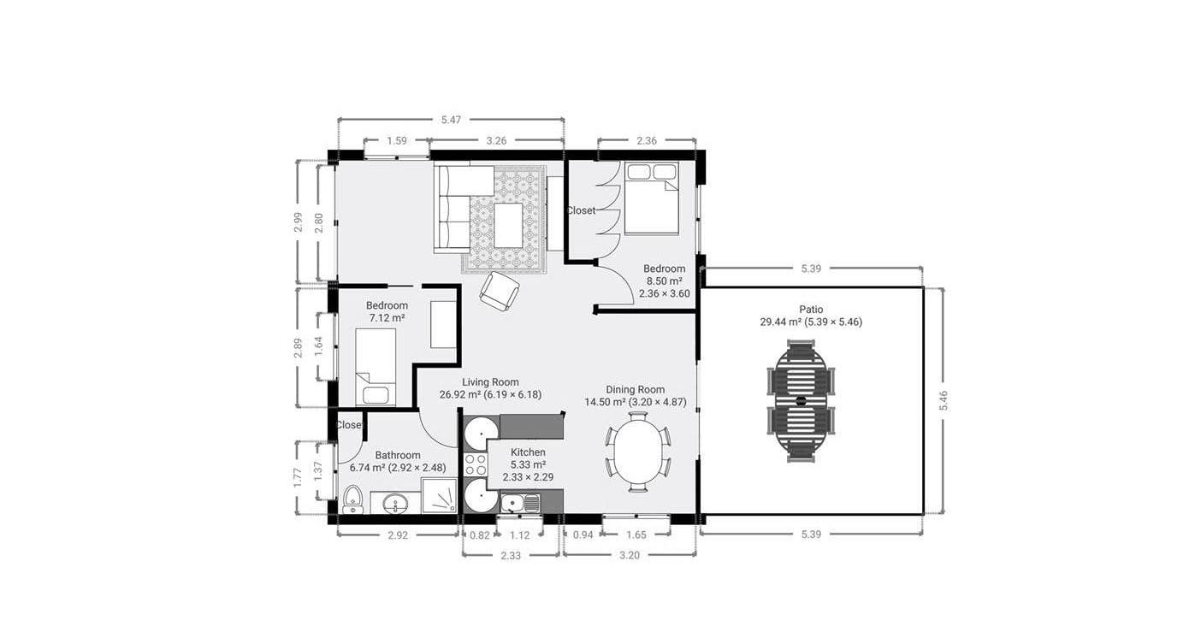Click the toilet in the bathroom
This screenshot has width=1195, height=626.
tap(352, 499)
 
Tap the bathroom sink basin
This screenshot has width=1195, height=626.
tap(395, 503)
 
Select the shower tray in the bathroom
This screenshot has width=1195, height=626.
tap(439, 495)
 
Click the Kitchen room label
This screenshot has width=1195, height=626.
tap(528, 452)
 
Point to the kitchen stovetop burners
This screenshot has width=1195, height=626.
tap(476, 464)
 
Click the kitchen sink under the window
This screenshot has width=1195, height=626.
tap(520, 503)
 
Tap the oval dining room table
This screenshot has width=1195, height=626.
tap(637, 451)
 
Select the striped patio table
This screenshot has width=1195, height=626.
tap(801, 402)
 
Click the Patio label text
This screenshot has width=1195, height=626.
tap(811, 310)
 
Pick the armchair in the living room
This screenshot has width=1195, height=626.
tap(500, 291)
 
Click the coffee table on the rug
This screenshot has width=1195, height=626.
tap(508, 225)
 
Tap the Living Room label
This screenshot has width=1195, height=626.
tap(490, 381)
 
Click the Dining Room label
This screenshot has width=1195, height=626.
tap(635, 389)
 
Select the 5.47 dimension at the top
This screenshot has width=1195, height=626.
tap(451, 120)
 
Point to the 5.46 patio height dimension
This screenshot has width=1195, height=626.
tap(944, 400)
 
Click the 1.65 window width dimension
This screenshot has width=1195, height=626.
tap(636, 534)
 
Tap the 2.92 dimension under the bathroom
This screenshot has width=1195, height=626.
tap(398, 535)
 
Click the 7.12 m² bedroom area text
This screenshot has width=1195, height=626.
tap(387, 318)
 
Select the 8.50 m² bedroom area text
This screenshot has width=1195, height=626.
tap(664, 281)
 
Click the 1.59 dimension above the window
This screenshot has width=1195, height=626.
tap(397, 141)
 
